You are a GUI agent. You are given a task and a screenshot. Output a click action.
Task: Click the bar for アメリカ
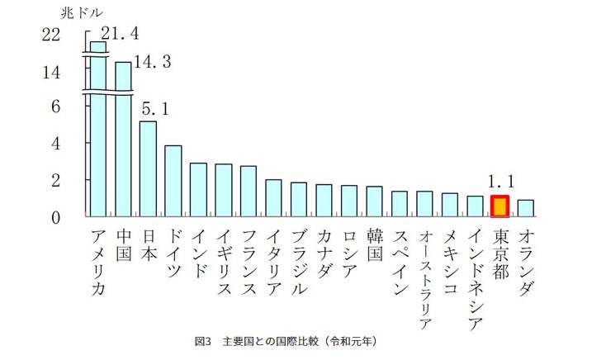(x=97, y=132)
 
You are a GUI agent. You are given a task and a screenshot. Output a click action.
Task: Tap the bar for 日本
(x=148, y=169)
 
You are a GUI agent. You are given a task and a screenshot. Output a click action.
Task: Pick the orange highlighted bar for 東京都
(x=499, y=206)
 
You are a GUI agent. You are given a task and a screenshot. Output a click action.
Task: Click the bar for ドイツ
(x=173, y=182)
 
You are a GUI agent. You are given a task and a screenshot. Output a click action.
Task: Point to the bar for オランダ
(x=525, y=208)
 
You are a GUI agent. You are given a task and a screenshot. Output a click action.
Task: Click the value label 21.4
(x=120, y=33)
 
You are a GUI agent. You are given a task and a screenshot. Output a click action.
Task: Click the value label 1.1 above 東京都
(x=502, y=181)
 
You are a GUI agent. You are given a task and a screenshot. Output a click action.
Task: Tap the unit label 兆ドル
(x=80, y=13)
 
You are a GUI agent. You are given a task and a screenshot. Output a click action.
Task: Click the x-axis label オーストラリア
(x=424, y=277)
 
